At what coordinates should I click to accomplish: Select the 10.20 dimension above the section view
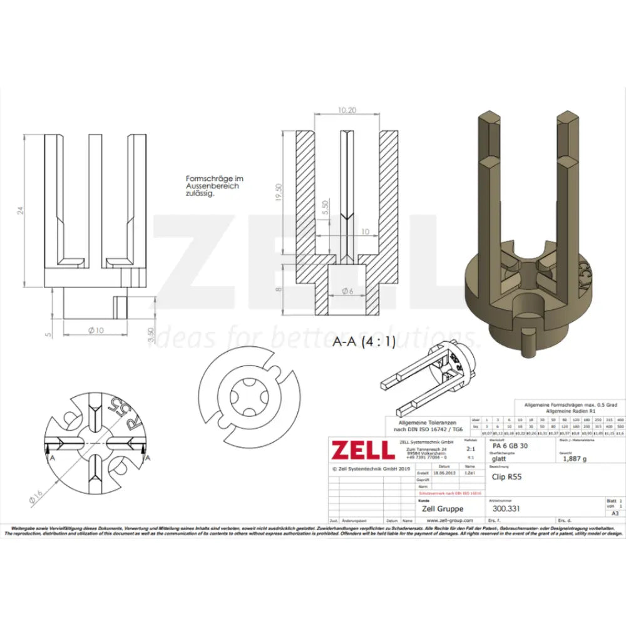[347, 110]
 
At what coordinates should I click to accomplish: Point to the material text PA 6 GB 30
[510, 446]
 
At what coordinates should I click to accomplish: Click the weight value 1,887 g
[575, 458]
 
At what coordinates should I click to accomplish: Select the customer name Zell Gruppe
[443, 508]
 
